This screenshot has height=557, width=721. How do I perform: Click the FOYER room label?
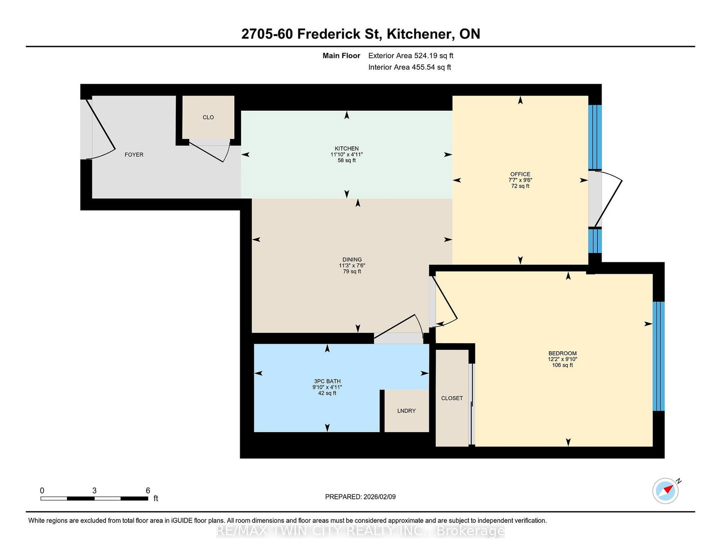[134, 154]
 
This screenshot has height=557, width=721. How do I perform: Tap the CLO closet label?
[208, 117]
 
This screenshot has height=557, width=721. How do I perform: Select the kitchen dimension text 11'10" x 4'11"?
[347, 154]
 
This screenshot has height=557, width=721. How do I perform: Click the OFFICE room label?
[520, 174]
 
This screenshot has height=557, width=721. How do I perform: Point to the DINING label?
[352, 259]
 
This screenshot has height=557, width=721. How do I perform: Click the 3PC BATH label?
[327, 381]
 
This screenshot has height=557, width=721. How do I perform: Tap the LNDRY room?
[406, 411]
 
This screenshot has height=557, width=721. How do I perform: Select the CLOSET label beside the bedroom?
[452, 398]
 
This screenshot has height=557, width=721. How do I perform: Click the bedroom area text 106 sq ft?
[562, 365]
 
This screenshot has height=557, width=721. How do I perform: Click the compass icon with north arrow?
[666, 491]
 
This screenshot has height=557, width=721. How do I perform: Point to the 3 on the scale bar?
[94, 491]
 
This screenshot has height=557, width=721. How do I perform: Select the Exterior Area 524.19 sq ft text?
[411, 56]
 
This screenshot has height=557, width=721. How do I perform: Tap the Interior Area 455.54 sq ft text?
[410, 67]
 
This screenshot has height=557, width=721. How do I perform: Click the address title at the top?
[360, 34]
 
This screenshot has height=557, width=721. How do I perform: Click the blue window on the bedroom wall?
[658, 356]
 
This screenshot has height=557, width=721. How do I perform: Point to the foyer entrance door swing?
[101, 131]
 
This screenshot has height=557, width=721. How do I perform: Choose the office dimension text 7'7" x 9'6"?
[520, 180]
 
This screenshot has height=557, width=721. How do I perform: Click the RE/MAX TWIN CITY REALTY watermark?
[360, 531]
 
